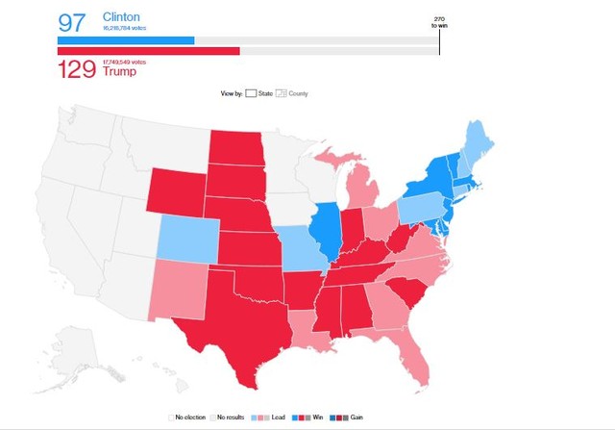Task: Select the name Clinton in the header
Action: [x=121, y=17]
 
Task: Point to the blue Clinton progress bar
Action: [x=126, y=41]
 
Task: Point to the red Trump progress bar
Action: [x=149, y=51]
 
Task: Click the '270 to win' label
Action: [x=440, y=23]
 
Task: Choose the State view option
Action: [x=259, y=93]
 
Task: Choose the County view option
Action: [x=293, y=93]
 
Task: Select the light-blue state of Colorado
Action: [x=187, y=236]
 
